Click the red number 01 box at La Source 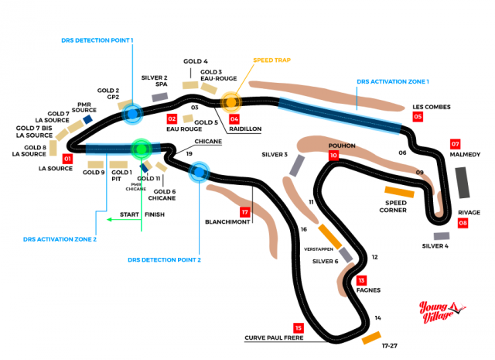67,159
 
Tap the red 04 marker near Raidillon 234,119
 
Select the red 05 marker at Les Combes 418,117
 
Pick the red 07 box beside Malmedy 456,144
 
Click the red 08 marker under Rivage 463,223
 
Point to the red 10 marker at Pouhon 333,156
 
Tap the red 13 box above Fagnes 361,279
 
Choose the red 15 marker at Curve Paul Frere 298,327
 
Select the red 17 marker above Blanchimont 245,211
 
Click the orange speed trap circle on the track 230,101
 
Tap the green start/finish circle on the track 141,148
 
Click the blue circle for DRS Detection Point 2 200,170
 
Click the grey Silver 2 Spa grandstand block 160,97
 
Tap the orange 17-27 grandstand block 372,338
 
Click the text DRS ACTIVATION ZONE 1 393,81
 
